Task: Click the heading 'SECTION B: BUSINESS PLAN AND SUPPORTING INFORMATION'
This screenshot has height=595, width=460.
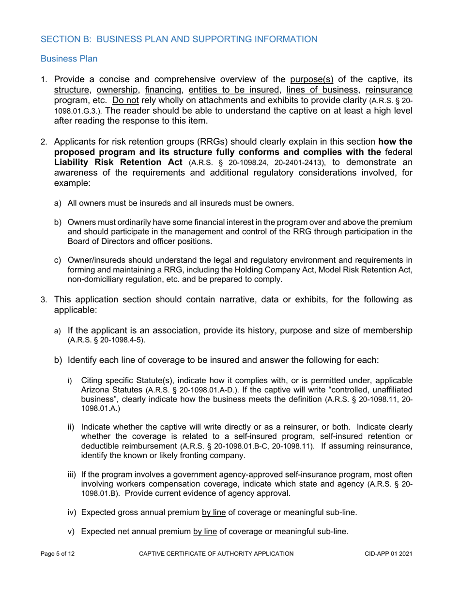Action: click(179, 39)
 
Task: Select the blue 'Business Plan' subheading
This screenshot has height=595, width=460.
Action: click(69, 59)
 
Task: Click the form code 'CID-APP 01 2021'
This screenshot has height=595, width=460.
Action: click(389, 566)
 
